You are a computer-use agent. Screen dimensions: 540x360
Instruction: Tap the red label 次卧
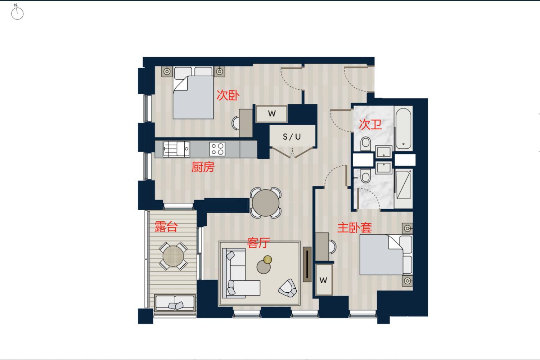[x=228, y=95]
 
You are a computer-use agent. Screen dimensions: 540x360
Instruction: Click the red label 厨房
[x=203, y=167]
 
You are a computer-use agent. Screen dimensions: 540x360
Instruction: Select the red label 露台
[x=166, y=227]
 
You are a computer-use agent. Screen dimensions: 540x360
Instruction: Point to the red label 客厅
[x=258, y=243]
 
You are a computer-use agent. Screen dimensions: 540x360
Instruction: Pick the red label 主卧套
[x=354, y=228]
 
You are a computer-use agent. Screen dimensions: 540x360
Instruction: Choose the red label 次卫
[x=370, y=125]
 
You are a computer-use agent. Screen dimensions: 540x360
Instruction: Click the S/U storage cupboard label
[x=292, y=137]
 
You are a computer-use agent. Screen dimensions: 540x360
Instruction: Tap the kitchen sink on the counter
[x=176, y=149]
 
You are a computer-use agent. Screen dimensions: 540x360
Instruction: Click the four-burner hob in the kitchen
[x=217, y=149]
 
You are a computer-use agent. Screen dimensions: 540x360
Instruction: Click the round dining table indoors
[x=265, y=203]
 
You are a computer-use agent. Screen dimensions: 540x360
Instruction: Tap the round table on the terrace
[x=173, y=256]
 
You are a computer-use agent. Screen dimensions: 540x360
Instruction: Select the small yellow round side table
[x=267, y=260]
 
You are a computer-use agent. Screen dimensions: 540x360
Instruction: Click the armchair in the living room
[x=288, y=288]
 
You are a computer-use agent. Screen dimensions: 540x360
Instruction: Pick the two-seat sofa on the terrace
[x=175, y=303]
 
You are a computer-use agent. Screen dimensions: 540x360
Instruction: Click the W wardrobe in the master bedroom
[x=324, y=280]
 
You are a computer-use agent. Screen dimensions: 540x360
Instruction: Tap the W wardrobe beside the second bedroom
[x=271, y=113]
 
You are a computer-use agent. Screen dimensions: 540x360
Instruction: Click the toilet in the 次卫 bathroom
[x=366, y=144]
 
